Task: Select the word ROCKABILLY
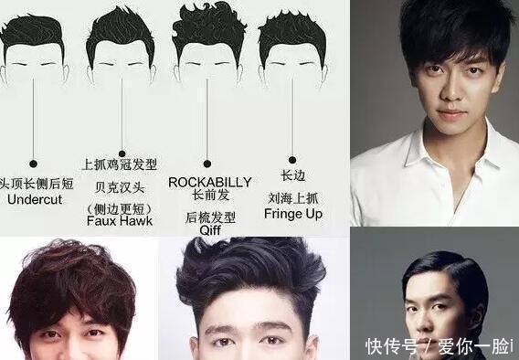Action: (209, 181)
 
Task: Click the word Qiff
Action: (209, 231)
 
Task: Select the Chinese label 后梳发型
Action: (209, 217)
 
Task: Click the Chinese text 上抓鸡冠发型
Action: (119, 165)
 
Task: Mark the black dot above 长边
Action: (292, 158)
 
